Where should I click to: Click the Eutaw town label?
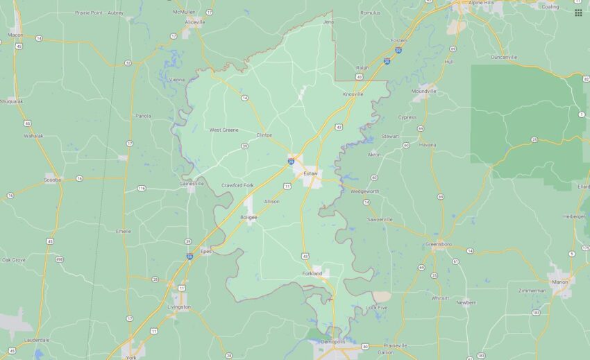point(310,173)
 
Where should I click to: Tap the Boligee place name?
point(248,217)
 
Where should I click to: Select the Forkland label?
point(312,273)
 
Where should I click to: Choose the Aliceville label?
point(195,22)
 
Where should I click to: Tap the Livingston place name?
point(178,306)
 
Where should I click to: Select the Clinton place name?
point(264,135)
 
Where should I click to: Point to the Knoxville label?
point(353,94)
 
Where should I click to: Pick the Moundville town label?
point(423,91)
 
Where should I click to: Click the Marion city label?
point(560,282)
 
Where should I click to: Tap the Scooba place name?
point(53,180)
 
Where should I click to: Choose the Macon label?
point(15,35)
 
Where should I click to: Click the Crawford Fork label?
point(237,185)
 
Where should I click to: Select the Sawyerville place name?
point(379,219)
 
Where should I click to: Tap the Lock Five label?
point(377,307)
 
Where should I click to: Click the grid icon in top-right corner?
point(578,12)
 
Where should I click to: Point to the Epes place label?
point(205,251)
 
